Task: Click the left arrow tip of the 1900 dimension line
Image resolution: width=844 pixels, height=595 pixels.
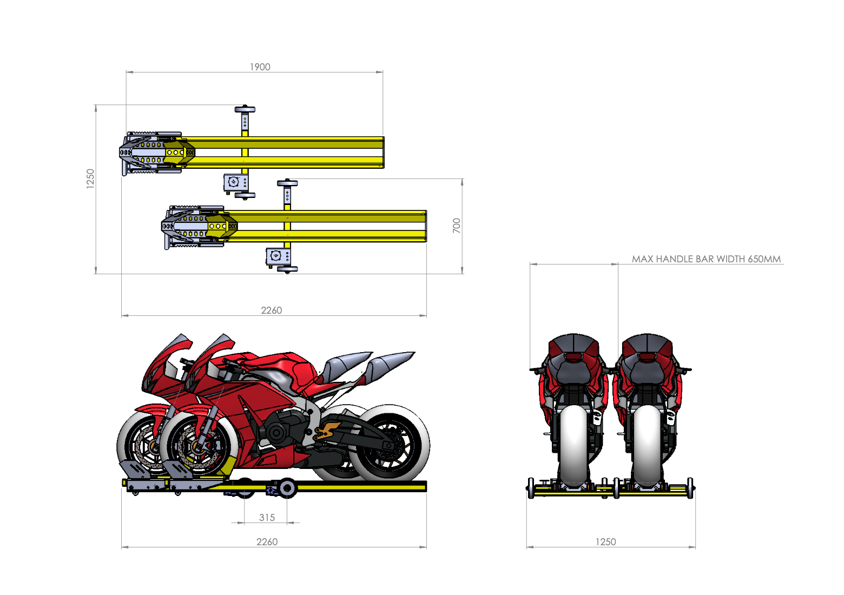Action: (x=127, y=71)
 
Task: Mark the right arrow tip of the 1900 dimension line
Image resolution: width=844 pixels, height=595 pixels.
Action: (x=383, y=71)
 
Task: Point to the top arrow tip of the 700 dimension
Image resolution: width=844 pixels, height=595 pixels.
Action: (x=463, y=179)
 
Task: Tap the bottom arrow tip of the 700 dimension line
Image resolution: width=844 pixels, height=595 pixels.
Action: (x=463, y=274)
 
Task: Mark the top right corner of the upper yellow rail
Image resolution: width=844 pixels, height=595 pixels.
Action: (x=384, y=137)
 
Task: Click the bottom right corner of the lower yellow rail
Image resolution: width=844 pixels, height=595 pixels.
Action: (x=426, y=241)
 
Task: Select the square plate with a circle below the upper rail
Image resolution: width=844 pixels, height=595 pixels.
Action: (x=234, y=182)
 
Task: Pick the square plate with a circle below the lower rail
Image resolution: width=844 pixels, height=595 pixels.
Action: (x=276, y=256)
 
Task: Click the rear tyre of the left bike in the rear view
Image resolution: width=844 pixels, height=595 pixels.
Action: (x=573, y=445)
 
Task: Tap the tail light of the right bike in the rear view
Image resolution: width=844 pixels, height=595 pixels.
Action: (x=647, y=357)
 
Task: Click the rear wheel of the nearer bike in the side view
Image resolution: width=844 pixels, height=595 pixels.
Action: (x=390, y=445)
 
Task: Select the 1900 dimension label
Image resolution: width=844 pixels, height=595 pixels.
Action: (x=260, y=67)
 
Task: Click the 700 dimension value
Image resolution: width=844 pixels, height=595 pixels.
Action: (x=456, y=226)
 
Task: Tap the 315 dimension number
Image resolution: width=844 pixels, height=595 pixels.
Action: (x=267, y=517)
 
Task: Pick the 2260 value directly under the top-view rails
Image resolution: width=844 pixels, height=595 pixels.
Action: (x=271, y=310)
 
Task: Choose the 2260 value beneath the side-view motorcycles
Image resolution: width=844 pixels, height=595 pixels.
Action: (x=267, y=541)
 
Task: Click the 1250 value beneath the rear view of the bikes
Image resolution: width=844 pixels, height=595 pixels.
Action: (x=605, y=541)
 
